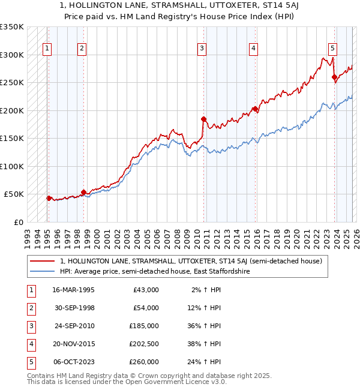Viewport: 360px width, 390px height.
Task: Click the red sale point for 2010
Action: [x=204, y=119]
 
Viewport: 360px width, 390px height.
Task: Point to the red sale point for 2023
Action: [x=334, y=77]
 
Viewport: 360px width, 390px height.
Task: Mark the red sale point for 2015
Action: [x=255, y=109]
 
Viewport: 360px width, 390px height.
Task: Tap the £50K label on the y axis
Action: [x=14, y=194]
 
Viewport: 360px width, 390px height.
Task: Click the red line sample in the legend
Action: [x=42, y=261]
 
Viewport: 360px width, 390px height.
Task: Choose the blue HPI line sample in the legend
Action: [x=42, y=271]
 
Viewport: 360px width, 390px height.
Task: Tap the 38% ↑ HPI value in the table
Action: [x=205, y=344]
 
